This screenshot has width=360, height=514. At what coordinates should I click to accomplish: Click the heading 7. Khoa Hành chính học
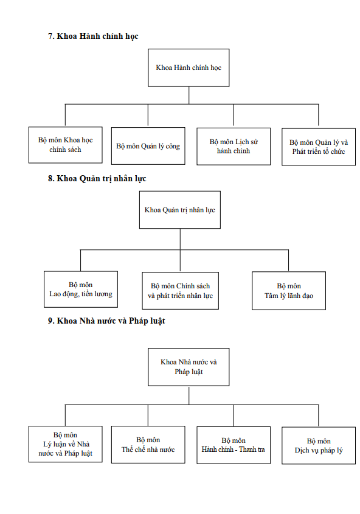tap(93, 36)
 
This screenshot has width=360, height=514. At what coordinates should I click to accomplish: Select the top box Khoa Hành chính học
tap(189, 68)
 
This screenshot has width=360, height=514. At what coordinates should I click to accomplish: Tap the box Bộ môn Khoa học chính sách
tap(66, 145)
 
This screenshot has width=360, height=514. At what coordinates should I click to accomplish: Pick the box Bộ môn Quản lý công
tap(148, 146)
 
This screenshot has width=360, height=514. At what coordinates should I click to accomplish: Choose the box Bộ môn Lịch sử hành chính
tap(234, 146)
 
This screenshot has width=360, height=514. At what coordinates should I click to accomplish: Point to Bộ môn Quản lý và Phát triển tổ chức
tap(319, 147)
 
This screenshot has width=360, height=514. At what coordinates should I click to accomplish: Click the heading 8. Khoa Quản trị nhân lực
tap(97, 179)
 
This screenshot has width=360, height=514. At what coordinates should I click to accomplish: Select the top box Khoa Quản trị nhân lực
tap(180, 210)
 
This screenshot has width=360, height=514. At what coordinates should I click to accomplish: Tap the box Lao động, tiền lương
tap(81, 289)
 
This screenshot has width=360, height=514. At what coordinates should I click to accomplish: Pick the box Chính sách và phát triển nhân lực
tap(181, 290)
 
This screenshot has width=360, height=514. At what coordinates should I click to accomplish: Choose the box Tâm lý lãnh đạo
tap(289, 291)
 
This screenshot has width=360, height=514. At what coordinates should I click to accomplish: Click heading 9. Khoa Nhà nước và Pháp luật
tap(106, 321)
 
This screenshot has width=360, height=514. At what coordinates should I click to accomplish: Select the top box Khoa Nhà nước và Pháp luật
tap(189, 367)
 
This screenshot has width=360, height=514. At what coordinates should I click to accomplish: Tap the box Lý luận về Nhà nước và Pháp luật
tap(66, 444)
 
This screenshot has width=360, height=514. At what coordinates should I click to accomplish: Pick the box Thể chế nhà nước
tap(148, 445)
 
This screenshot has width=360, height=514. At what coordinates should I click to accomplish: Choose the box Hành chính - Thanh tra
tap(234, 445)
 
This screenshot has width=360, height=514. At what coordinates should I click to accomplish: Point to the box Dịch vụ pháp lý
tap(319, 445)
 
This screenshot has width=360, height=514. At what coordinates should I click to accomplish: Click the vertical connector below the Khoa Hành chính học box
tap(189, 96)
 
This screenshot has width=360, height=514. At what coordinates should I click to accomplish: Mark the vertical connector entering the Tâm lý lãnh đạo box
tap(289, 260)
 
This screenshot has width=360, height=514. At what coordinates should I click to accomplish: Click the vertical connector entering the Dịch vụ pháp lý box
tap(319, 416)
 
